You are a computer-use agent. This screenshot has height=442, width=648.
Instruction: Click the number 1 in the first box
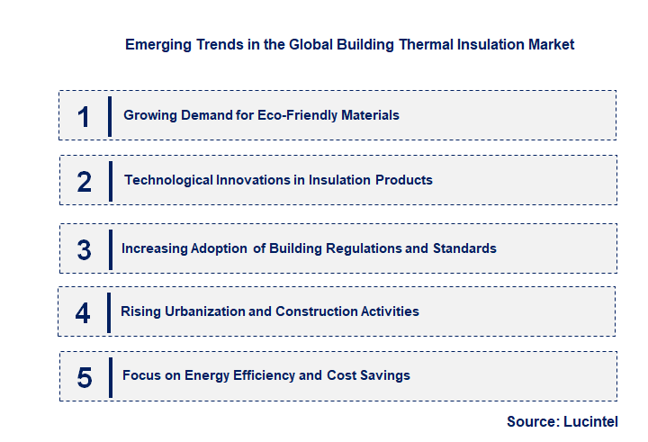tap(84, 116)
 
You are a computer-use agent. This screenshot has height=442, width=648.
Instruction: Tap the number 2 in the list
tap(85, 182)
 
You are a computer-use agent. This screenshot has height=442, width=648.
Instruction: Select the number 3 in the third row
tap(85, 249)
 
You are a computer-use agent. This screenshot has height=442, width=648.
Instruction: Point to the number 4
tap(84, 312)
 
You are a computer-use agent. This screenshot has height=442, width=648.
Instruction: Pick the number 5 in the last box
tap(85, 376)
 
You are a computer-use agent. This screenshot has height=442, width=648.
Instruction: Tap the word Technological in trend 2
tap(168, 180)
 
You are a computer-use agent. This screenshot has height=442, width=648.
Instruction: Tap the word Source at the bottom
tap(531, 421)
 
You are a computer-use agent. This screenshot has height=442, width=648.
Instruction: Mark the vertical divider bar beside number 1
tap(109, 116)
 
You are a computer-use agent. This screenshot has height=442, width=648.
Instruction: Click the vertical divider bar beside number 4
tap(109, 313)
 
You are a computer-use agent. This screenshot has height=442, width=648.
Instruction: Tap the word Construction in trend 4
tap(311, 311)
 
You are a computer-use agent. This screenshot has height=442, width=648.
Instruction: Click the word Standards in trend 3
tap(464, 248)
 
